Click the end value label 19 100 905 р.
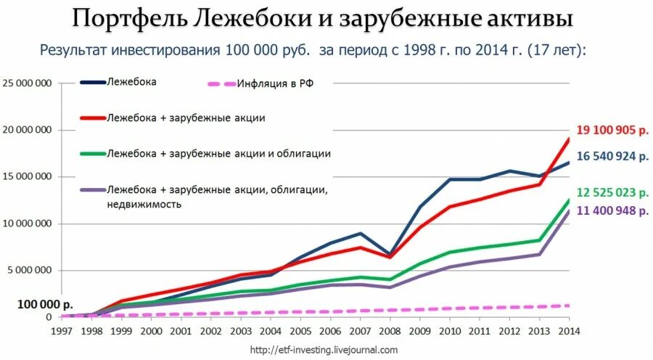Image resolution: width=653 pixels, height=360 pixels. [612, 131]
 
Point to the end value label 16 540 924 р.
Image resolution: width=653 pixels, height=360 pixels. [612, 155]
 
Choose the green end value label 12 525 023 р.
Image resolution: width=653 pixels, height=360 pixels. [612, 192]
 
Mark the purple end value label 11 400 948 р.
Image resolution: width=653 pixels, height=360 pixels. [612, 211]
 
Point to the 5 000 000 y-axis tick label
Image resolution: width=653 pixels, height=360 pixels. [30, 270]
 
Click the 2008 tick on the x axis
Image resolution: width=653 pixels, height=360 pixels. [390, 332]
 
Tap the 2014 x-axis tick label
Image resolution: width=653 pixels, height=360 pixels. [569, 332]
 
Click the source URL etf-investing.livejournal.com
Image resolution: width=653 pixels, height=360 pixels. [324, 350]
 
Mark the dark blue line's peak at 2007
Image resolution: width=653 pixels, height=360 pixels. [361, 233]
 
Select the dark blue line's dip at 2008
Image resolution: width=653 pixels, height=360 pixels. [390, 255]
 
